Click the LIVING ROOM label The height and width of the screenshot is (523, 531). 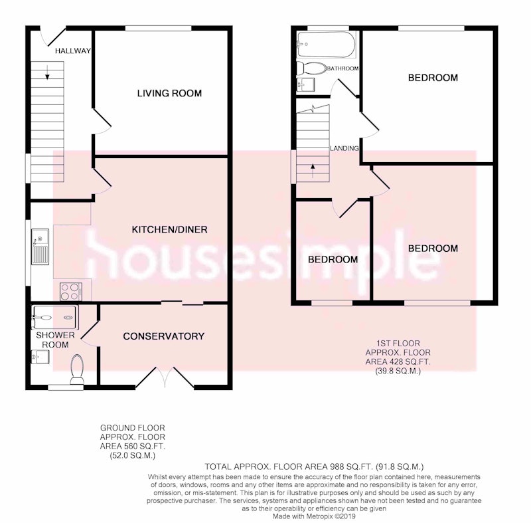(169, 93)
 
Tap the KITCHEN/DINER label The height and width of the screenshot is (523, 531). (169, 229)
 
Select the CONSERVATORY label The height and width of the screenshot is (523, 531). (163, 336)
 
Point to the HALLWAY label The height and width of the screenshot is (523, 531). (73, 51)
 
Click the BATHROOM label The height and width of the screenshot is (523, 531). (342, 68)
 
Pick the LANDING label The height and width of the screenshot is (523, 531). (344, 148)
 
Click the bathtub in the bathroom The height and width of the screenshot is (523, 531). (326, 45)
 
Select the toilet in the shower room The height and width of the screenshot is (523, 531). (77, 369)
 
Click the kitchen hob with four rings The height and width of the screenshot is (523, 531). (71, 292)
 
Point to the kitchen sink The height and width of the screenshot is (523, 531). (40, 247)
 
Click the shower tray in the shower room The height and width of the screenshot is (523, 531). (55, 317)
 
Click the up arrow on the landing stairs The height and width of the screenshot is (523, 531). (313, 171)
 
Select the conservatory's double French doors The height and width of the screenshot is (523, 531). (165, 377)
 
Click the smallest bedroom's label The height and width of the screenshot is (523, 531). (333, 260)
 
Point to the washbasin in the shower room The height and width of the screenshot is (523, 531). (40, 357)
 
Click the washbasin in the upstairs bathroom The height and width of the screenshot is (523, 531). (306, 85)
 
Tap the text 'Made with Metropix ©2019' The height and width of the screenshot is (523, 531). (314, 516)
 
